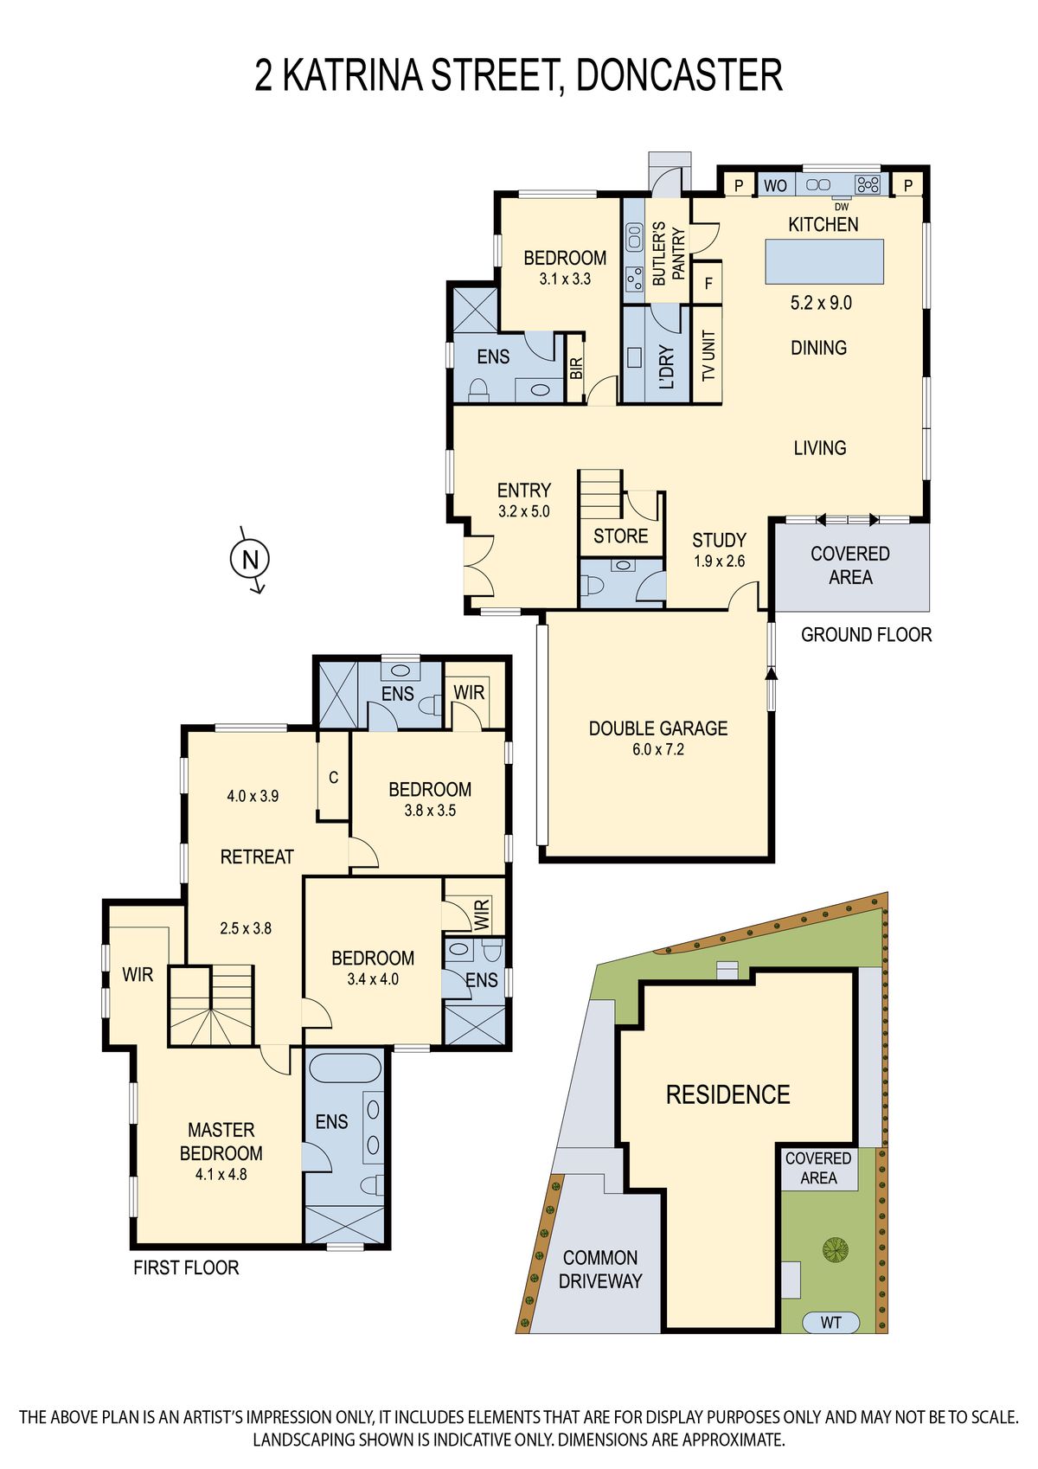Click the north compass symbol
tap(250, 560)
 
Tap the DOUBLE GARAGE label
tap(657, 728)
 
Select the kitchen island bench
tap(823, 261)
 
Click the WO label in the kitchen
tap(775, 186)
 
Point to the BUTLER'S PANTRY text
tap(668, 253)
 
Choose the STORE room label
tap(620, 536)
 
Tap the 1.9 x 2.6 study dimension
tap(719, 561)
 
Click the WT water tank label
tap(830, 1323)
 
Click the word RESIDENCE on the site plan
tap(727, 1094)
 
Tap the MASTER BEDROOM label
tap(221, 1141)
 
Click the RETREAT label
tap(256, 856)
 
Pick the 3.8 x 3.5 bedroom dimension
tap(430, 810)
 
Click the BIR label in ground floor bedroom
tap(576, 368)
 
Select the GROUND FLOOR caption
tap(866, 634)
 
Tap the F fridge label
tap(708, 284)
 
